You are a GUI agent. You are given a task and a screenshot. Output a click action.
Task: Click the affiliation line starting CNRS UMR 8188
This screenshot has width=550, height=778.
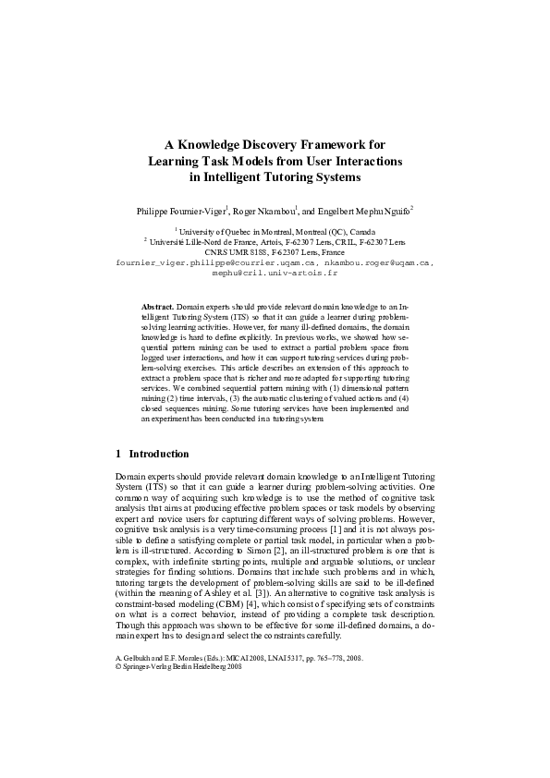click(x=274, y=251)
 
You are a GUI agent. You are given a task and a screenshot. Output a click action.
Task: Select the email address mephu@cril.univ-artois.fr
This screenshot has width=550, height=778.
click(x=275, y=274)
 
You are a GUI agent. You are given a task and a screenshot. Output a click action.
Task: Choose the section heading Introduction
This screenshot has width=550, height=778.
click(x=159, y=454)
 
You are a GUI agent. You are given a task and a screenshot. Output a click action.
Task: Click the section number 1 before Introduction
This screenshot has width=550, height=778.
click(x=118, y=454)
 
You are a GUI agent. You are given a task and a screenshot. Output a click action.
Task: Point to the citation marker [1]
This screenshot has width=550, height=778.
click(x=287, y=540)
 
